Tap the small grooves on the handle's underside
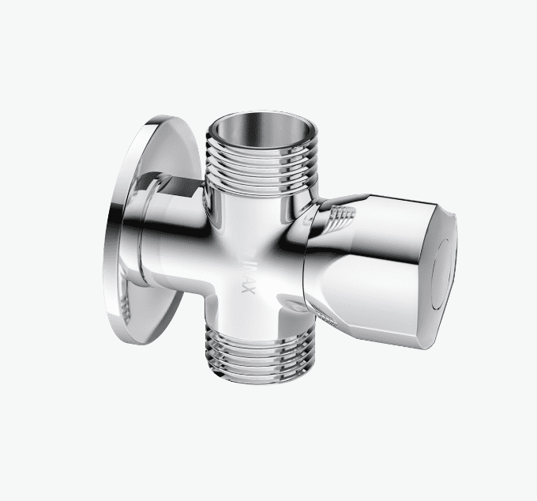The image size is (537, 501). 328,317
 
